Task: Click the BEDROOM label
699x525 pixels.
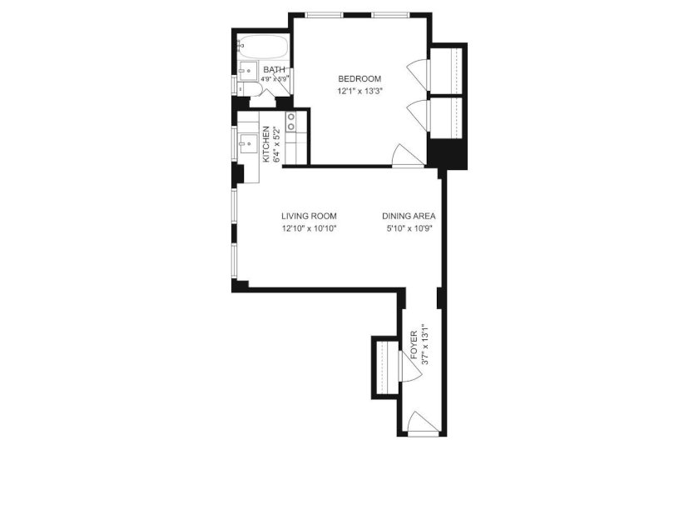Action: [x=359, y=79]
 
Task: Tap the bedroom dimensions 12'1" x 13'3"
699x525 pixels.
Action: [x=360, y=92]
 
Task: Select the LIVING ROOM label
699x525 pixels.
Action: [x=309, y=217]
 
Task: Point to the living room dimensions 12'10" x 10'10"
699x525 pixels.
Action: [x=309, y=229]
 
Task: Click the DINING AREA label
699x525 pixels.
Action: [x=409, y=217]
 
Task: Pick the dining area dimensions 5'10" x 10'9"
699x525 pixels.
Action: [x=409, y=229]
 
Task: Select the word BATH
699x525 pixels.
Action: [x=274, y=70]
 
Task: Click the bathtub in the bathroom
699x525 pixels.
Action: [x=263, y=46]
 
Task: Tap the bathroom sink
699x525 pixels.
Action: [x=246, y=71]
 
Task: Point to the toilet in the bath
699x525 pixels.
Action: [x=249, y=88]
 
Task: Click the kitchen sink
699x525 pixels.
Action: [x=247, y=143]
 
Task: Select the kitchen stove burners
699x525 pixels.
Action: [x=291, y=122]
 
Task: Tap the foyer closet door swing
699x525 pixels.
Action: [x=410, y=365]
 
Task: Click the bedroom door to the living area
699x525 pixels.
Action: [x=408, y=156]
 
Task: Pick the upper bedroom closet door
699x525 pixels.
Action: [x=418, y=72]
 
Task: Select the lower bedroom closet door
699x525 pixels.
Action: [x=418, y=115]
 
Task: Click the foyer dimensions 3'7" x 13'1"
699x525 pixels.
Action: [x=425, y=344]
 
